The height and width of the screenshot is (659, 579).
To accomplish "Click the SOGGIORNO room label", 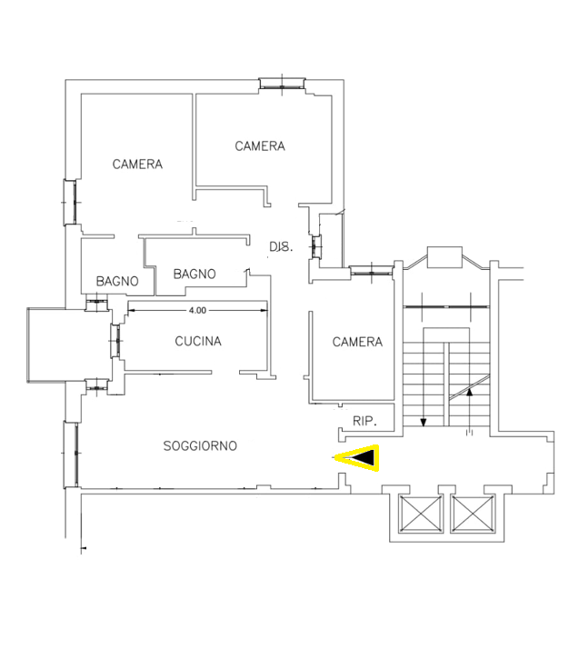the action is coord(200,445).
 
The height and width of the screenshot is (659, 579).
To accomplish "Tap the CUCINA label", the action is coord(198,341).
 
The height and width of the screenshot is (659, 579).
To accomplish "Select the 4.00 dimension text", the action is coord(197,311).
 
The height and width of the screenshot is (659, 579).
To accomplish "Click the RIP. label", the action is coord(364,421).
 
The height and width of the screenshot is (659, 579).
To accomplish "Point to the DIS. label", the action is coord(281,246).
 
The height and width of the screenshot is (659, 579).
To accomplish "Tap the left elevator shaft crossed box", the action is coord(420,514).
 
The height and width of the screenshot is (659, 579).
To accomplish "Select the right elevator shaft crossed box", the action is coord(473,514).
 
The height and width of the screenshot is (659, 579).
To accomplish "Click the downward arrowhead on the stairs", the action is coord(424,422).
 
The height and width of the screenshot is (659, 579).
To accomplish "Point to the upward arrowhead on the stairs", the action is coord(469,392).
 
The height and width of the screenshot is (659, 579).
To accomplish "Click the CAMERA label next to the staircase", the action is coord(357,342).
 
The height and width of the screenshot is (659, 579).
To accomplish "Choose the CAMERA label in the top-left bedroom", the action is coord(137,164).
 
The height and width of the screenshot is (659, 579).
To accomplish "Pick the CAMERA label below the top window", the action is coord(260,146).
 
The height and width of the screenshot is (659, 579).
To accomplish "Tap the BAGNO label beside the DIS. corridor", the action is coord(195,274).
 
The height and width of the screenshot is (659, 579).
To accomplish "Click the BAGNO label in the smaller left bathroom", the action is coord(117,281).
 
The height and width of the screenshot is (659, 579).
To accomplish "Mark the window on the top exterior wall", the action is coord(282,84).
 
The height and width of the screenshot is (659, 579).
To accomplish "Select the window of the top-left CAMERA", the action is coord(70,202).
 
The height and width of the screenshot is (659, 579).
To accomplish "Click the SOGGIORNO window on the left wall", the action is coord(71,454).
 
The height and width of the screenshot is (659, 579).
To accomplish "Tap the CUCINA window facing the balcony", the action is coord(115,341).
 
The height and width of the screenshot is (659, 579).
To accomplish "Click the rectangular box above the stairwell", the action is coord(444,257).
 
